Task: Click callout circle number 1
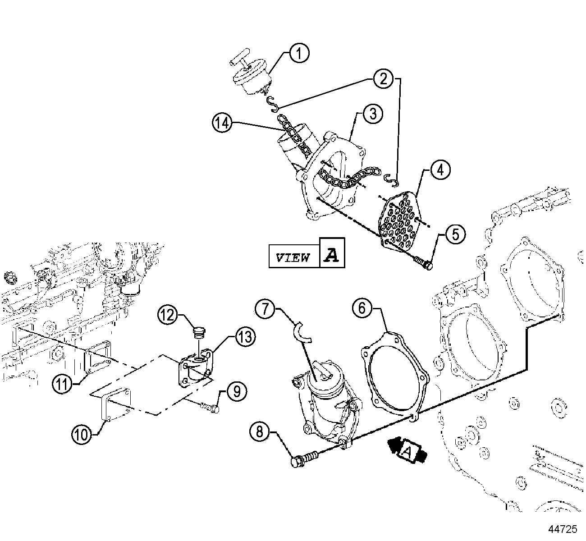(x=299, y=54)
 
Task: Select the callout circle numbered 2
(x=383, y=79)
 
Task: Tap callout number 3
(x=373, y=114)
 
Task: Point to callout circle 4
(x=440, y=170)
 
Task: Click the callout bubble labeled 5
(x=455, y=234)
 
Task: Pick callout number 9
(x=237, y=391)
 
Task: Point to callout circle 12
(x=168, y=315)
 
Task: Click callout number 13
(x=244, y=336)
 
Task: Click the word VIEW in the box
(x=293, y=257)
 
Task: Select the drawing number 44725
(x=563, y=528)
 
